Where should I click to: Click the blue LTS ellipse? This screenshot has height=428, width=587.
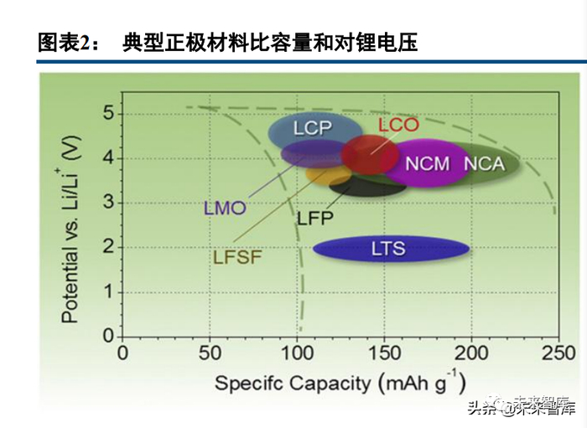(x=391, y=248)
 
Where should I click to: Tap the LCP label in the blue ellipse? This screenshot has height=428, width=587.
(x=312, y=128)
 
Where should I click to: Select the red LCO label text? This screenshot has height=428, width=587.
(x=397, y=125)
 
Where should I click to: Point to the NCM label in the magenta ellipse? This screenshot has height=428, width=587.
(x=428, y=163)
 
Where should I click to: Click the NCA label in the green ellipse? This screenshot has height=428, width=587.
(x=484, y=163)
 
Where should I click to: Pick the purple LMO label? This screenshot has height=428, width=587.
(x=224, y=209)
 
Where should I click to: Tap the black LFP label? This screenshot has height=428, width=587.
(x=315, y=219)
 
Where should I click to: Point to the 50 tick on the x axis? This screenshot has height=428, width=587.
(x=210, y=353)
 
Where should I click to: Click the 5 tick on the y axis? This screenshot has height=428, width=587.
(x=108, y=112)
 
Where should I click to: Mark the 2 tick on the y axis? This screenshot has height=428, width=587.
(x=108, y=247)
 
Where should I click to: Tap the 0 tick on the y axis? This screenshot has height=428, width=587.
(x=108, y=336)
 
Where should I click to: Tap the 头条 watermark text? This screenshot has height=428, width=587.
(x=480, y=409)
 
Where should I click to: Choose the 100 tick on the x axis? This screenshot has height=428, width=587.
(x=297, y=353)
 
